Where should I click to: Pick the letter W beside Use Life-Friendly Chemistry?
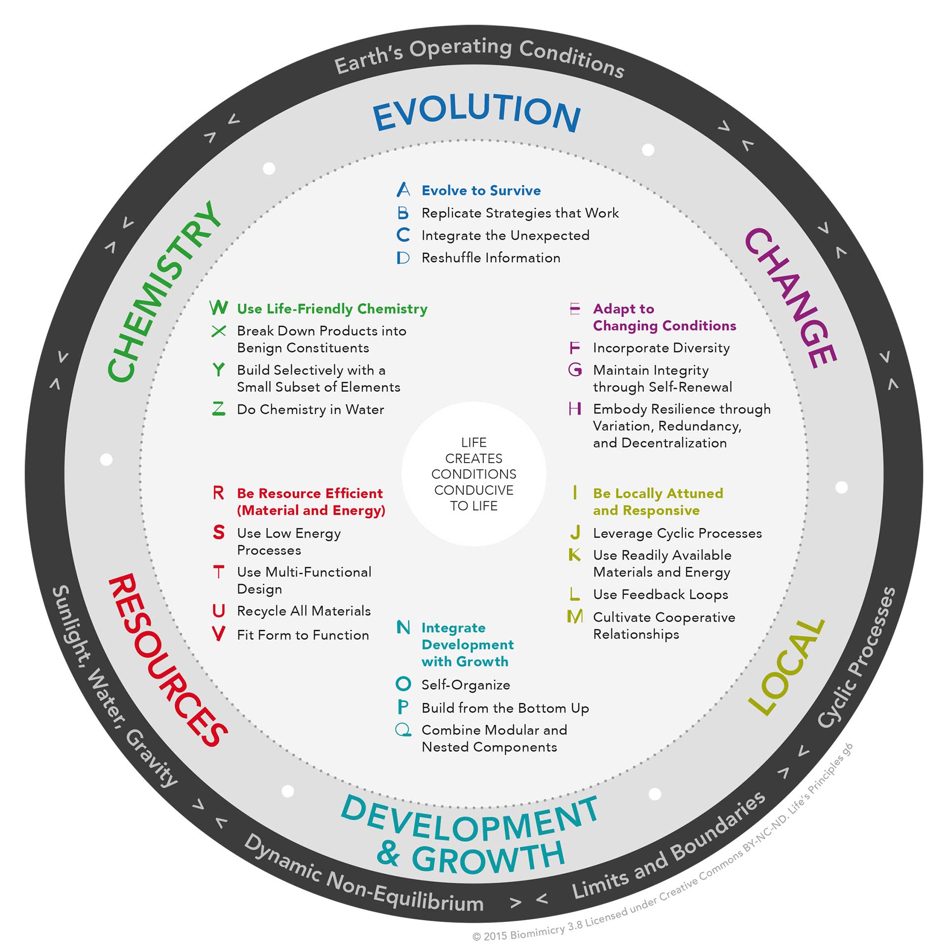(219, 308)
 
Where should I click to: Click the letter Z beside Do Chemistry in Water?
(219, 409)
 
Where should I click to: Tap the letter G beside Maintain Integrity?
(575, 369)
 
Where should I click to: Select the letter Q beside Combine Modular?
(403, 730)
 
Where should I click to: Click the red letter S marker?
(219, 532)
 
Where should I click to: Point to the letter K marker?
(575, 555)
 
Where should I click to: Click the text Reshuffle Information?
(491, 258)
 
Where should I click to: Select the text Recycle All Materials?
(304, 611)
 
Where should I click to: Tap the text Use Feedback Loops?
(660, 594)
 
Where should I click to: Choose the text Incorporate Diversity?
(661, 348)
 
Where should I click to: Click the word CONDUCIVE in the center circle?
(474, 490)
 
